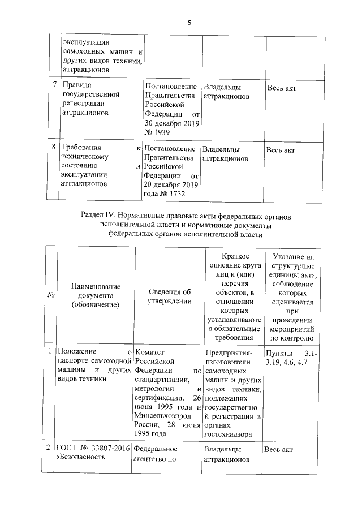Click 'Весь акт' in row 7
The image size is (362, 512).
point(281,88)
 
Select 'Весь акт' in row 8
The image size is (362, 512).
point(281,150)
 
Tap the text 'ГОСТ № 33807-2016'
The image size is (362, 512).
point(93,449)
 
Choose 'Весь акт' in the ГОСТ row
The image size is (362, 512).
point(278,449)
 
